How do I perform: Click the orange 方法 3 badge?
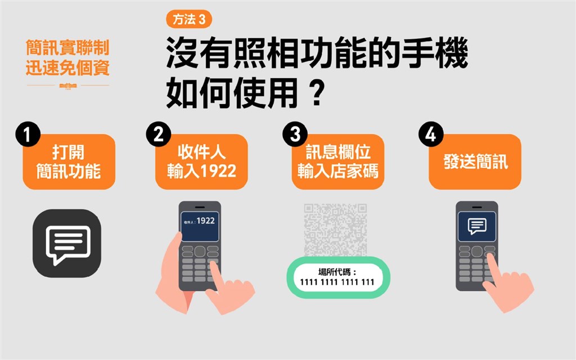pos(189,19)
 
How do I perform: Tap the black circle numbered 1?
pos(28,134)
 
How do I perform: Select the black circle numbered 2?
pos(158,134)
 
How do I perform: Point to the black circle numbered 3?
pos(295,134)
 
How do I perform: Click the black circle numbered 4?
pos(431,134)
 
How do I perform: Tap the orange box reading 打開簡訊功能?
pos(69,162)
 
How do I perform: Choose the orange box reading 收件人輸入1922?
pos(201,162)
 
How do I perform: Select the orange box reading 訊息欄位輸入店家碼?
pos(338,162)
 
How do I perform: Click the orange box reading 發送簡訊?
pos(475,162)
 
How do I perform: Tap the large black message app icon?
pos(67,243)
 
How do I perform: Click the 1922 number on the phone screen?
pos(206,220)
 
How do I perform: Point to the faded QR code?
pos(335,229)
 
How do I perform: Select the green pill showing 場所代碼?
pos(338,277)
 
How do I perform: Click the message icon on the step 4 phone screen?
pos(477,226)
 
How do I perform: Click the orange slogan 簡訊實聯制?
pos(67,48)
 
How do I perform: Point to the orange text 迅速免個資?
pos(67,67)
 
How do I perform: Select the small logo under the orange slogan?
pos(68,85)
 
